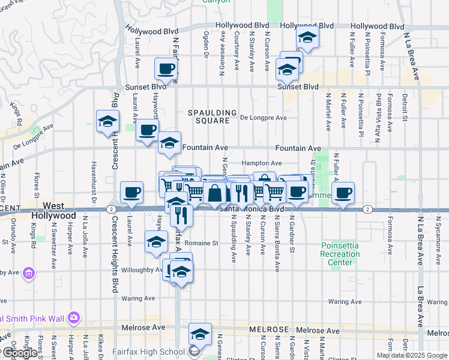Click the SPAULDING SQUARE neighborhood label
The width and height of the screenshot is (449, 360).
[208, 116]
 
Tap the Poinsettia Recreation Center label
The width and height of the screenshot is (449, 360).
[340, 254]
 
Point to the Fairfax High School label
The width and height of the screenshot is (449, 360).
[148, 352]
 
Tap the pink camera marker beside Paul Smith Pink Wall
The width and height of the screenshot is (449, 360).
[74, 317]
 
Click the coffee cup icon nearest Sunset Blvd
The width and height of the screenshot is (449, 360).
[166, 68]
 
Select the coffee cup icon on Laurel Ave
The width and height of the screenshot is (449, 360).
[132, 192]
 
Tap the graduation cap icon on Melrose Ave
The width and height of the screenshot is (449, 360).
[200, 334]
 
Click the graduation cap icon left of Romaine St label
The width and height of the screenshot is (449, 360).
[156, 241]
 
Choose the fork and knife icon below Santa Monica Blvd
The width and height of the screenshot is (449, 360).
[181, 214]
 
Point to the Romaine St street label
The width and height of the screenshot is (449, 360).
[200, 244]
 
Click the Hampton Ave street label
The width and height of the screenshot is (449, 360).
[261, 163]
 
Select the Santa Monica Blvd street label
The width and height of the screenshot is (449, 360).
[250, 209]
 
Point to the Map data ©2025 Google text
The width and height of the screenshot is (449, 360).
[412, 355]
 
